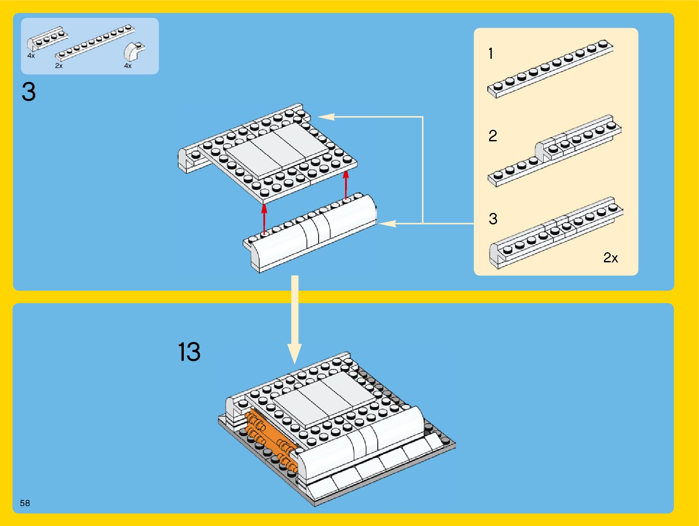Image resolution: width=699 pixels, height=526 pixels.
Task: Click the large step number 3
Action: (x=29, y=92)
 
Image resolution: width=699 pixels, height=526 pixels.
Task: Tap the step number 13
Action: (x=189, y=352)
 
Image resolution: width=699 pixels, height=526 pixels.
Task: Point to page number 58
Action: (x=25, y=503)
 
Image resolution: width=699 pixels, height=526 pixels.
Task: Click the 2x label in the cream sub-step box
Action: (x=611, y=257)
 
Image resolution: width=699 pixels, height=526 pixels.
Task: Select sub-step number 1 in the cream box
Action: (x=490, y=54)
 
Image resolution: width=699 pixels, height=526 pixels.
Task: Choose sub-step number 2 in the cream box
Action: (x=493, y=136)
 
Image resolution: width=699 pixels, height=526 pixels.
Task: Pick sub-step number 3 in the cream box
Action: (x=493, y=219)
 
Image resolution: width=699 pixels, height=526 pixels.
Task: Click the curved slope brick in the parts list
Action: (x=134, y=51)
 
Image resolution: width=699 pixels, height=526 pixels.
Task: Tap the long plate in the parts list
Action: (x=95, y=42)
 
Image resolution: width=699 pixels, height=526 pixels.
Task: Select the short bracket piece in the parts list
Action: (x=47, y=38)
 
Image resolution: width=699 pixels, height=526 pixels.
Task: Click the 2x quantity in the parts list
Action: (x=59, y=66)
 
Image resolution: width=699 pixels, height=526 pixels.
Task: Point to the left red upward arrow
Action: (x=264, y=219)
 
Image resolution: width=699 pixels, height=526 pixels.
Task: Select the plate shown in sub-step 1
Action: (x=550, y=68)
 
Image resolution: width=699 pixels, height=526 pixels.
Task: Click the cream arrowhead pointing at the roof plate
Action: (x=326, y=117)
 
